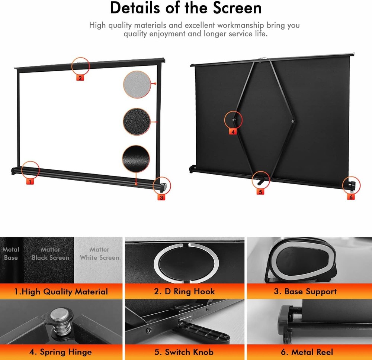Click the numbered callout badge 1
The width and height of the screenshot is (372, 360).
tap(31, 182)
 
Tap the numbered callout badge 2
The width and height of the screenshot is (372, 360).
tap(80, 78)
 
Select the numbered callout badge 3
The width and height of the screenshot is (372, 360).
tap(161, 197)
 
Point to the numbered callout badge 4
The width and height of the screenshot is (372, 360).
tap(233, 132)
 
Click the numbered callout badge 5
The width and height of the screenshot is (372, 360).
tap(260, 192)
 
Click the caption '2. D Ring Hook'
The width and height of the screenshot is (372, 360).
tap(185, 292)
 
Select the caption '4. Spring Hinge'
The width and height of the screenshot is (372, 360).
tap(61, 351)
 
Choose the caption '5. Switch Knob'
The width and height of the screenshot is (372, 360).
tap(185, 351)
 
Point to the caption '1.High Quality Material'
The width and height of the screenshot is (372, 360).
tap(61, 292)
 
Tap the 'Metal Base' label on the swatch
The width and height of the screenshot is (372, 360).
tap(11, 253)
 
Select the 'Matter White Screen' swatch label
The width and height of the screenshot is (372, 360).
tap(99, 253)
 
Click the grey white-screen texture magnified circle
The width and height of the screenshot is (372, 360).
tap(137, 84)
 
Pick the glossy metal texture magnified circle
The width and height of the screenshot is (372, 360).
tap(136, 158)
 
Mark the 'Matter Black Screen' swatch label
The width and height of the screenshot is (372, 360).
tap(50, 253)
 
